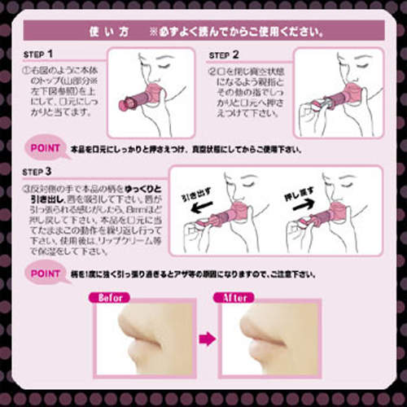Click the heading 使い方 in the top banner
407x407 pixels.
pyautogui.click(x=107, y=34)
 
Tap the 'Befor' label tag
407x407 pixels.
pyautogui.click(x=112, y=298)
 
